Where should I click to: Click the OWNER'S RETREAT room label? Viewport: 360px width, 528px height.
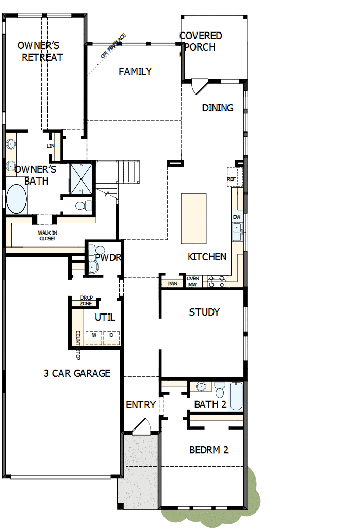tap(42, 51)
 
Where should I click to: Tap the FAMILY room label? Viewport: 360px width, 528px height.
tap(135, 71)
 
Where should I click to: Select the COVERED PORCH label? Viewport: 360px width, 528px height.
tap(201, 41)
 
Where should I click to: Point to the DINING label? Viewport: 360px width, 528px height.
tap(218, 108)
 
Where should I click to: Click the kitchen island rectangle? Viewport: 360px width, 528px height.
tap(193, 219)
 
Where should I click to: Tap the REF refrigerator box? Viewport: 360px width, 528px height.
tap(232, 178)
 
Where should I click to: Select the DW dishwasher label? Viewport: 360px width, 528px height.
tap(237, 217)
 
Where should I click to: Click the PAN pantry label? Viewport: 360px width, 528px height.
tap(172, 283)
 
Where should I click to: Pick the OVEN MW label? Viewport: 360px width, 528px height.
tap(193, 281)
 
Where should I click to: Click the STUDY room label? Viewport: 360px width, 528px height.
tap(204, 312)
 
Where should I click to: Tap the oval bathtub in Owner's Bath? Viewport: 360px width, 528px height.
tap(17, 200)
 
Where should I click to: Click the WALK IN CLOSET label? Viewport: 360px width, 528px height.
tap(47, 236)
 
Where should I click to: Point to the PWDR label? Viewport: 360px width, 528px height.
tap(107, 256)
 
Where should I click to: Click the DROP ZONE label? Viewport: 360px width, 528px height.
tap(86, 301)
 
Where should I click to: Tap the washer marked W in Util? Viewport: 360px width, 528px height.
tap(94, 335)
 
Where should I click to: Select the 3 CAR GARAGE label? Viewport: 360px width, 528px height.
tap(77, 373)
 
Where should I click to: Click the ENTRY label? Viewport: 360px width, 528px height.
tap(141, 405)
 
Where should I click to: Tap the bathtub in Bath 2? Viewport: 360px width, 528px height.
tap(235, 396)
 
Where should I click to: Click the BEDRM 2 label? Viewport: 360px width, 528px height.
tap(208, 450)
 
